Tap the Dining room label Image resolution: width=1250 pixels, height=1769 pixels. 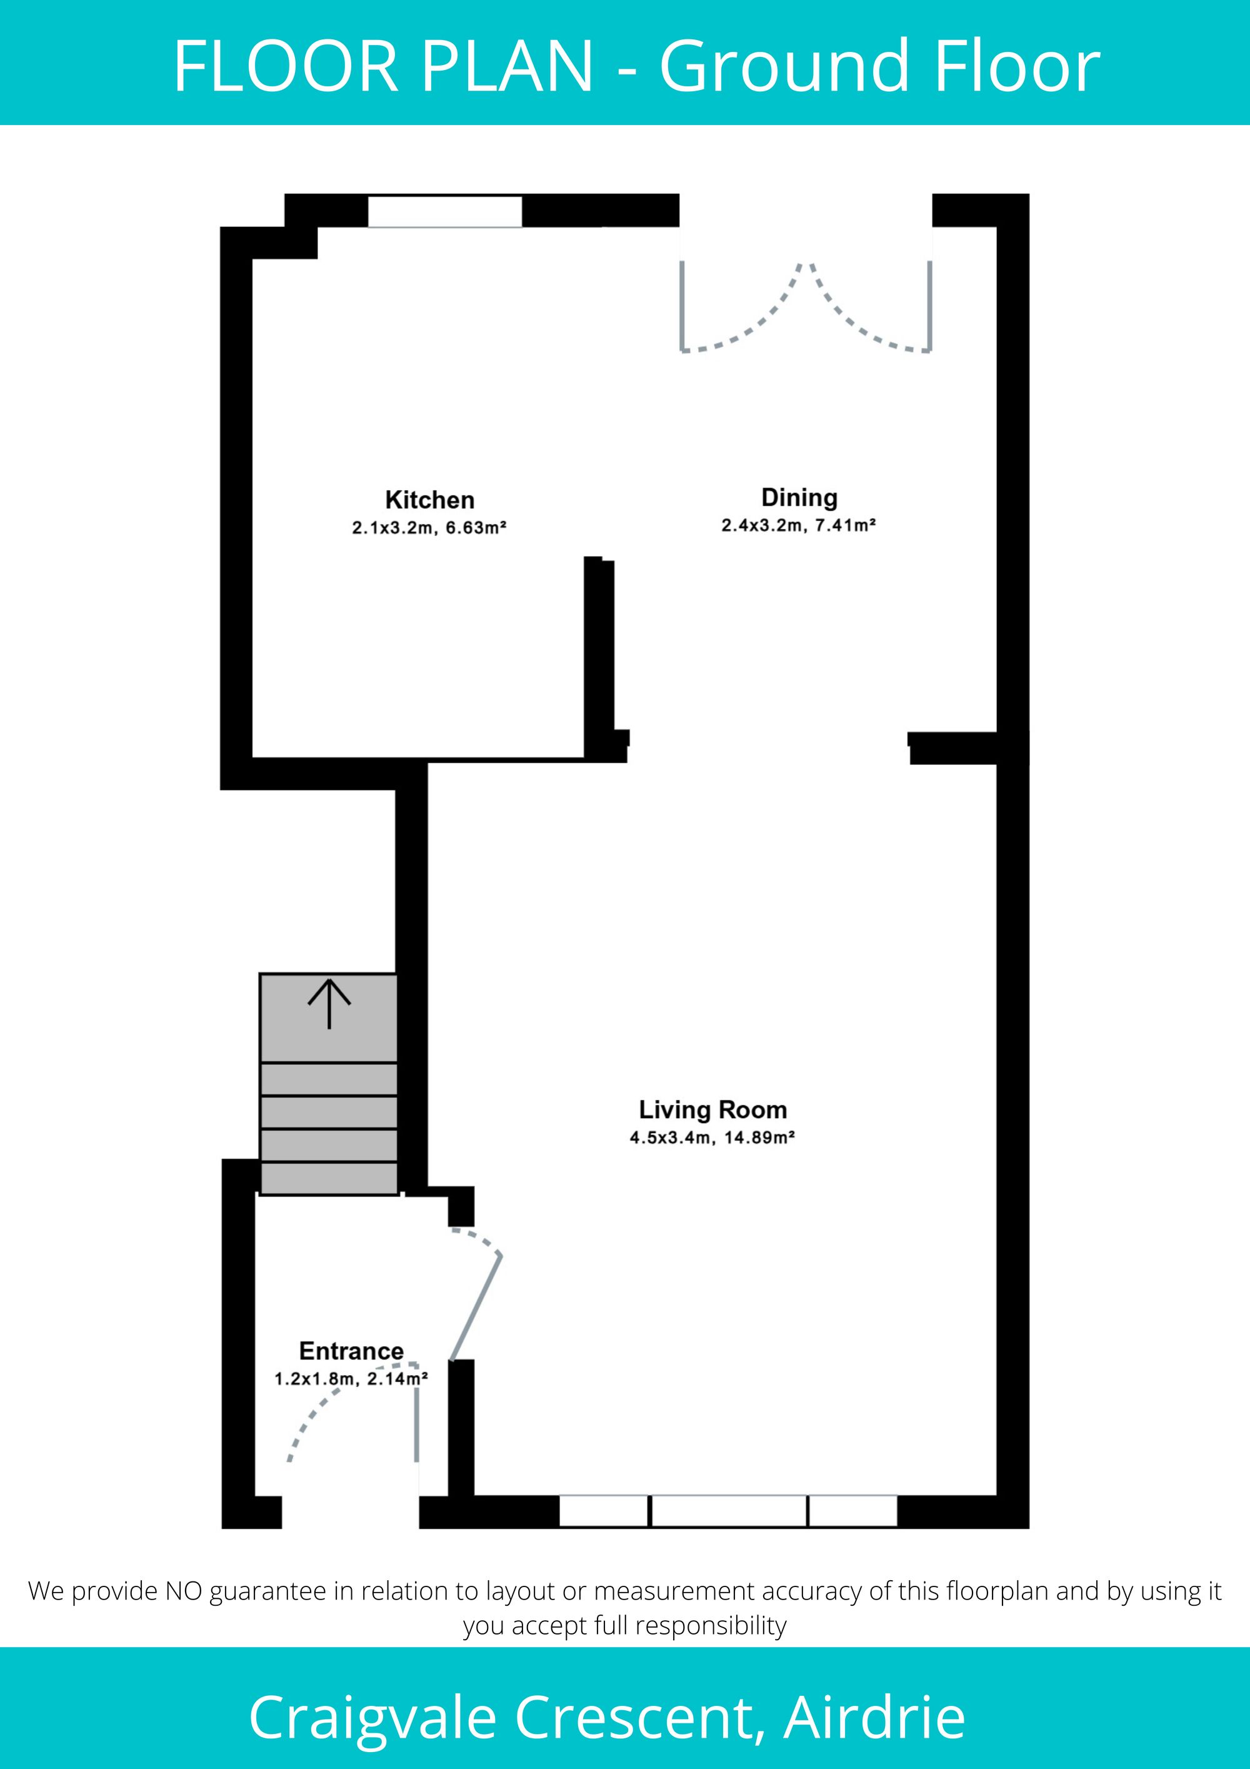tap(799, 498)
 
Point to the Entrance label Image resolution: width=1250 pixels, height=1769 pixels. tap(351, 1351)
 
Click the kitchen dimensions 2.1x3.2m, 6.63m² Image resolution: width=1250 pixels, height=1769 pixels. tap(429, 528)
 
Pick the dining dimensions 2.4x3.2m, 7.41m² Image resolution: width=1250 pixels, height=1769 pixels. tap(799, 525)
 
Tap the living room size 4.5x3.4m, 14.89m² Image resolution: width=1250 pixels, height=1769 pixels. tap(712, 1137)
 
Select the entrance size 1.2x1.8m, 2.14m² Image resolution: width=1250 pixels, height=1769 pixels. tap(351, 1378)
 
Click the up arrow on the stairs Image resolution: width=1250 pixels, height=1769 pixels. tap(329, 1003)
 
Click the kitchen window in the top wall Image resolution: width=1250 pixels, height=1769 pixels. tap(444, 211)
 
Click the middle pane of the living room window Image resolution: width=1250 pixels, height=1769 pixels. tap(729, 1511)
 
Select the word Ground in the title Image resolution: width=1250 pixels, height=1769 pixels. tap(787, 68)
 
